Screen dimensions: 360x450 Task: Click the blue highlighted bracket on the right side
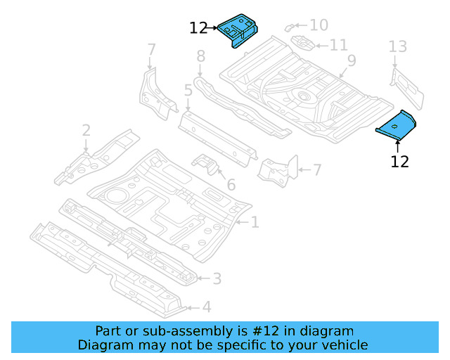click(x=397, y=125)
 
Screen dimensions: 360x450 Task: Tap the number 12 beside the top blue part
click(x=199, y=28)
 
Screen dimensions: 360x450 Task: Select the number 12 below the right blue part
click(x=399, y=161)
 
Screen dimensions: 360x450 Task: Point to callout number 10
click(x=319, y=25)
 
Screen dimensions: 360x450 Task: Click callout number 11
click(x=338, y=45)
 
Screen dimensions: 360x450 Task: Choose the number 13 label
click(x=398, y=46)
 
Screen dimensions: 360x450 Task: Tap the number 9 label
click(x=351, y=60)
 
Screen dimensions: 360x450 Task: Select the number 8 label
click(x=200, y=56)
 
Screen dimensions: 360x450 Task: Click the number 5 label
click(x=188, y=90)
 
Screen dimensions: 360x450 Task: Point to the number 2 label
click(x=86, y=130)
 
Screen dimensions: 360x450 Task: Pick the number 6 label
click(x=231, y=186)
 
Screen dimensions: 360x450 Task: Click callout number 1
click(x=255, y=222)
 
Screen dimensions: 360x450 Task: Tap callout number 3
click(x=217, y=278)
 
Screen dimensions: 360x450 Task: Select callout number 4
click(x=206, y=307)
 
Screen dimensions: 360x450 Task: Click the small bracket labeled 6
click(x=206, y=165)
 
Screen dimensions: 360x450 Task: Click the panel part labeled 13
click(x=407, y=88)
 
